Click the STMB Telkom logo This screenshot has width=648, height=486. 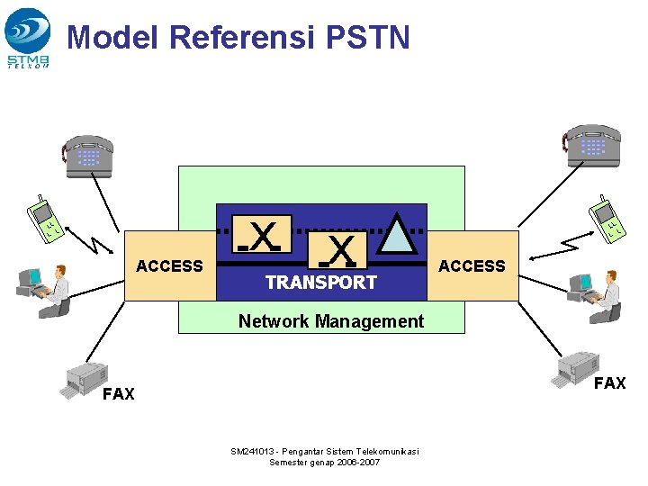point(28,37)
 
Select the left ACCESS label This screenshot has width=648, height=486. point(169,265)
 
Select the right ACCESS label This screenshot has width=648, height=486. point(472,265)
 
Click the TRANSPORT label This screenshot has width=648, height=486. point(320,283)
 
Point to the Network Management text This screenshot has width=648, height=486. point(330,321)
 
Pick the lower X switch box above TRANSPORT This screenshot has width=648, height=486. point(338,251)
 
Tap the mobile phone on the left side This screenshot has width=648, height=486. point(45,220)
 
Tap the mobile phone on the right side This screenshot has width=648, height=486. point(607,220)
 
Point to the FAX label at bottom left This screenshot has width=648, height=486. point(119,394)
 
